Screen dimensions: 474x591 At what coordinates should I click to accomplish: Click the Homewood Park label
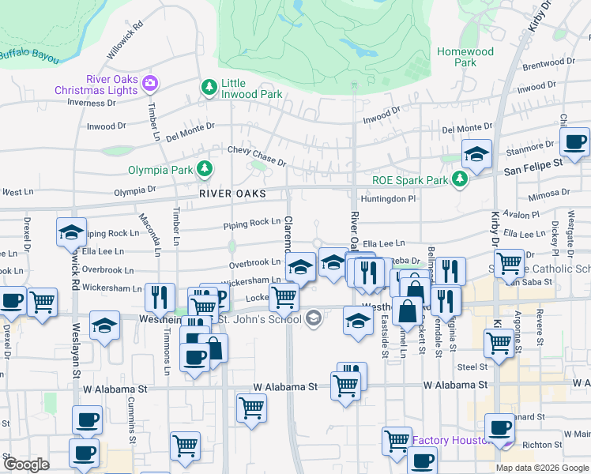pos(465,57)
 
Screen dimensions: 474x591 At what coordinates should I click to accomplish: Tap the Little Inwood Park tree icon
pos(209,88)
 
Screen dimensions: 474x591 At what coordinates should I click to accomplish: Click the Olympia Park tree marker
pos(205,168)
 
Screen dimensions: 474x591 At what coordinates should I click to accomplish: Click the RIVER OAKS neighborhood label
pos(232,194)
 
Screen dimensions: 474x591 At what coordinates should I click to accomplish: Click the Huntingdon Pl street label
pos(387,199)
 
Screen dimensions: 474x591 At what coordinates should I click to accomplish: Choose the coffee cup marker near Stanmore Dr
pos(574,144)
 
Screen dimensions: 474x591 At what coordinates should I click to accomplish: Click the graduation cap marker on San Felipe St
pos(476,154)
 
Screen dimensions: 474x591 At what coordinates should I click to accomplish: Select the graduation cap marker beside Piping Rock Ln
pos(71,232)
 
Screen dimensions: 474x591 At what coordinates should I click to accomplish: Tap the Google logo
pos(26,465)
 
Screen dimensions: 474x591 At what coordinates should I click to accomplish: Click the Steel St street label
pos(472,367)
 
